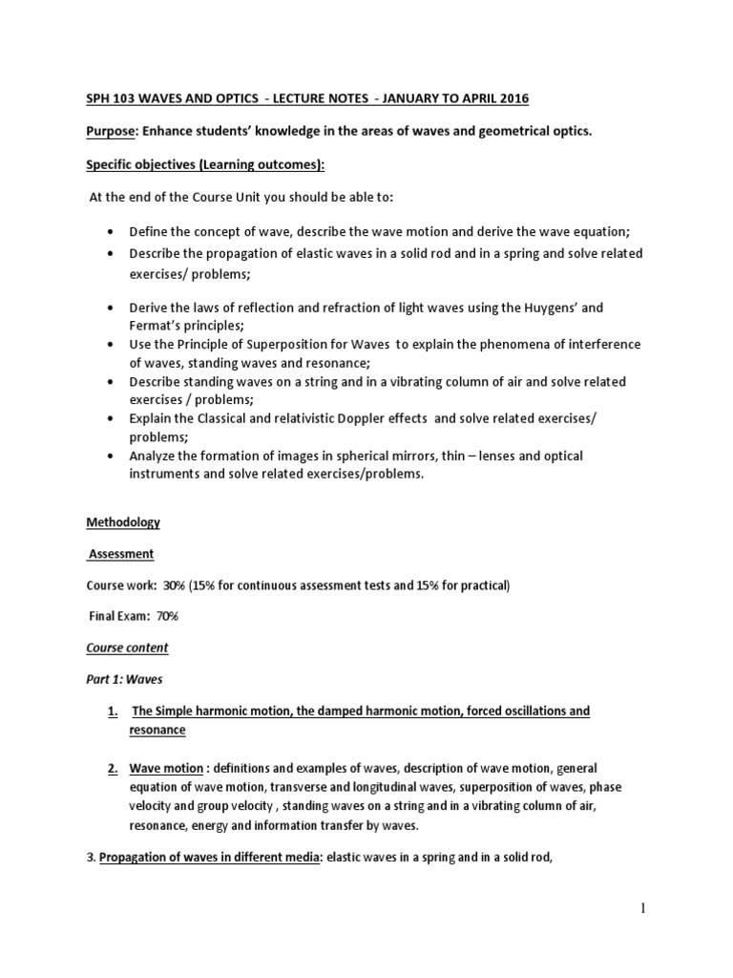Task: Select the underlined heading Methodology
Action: coord(124,522)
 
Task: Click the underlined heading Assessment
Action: coord(121,554)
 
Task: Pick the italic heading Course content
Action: coord(127,648)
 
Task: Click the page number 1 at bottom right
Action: coord(642,910)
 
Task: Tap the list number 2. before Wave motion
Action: coord(112,768)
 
